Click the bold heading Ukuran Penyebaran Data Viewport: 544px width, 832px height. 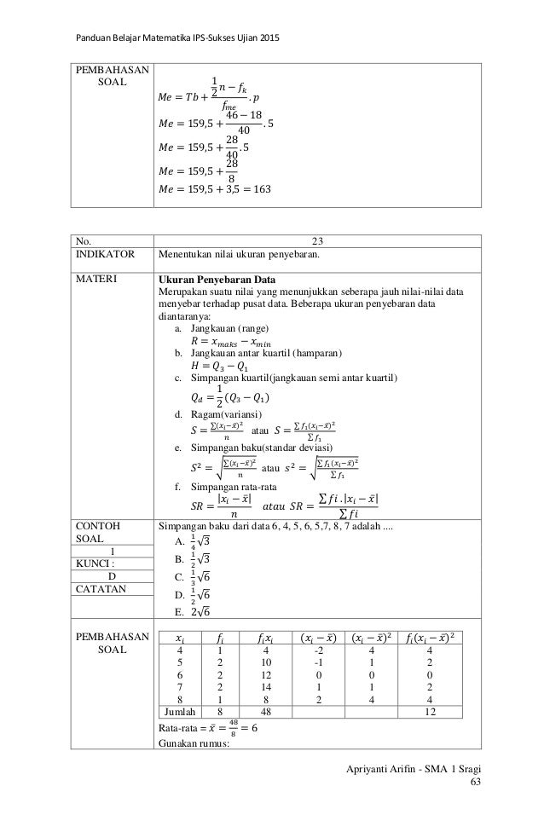click(215, 278)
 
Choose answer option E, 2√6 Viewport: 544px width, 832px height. click(198, 610)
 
